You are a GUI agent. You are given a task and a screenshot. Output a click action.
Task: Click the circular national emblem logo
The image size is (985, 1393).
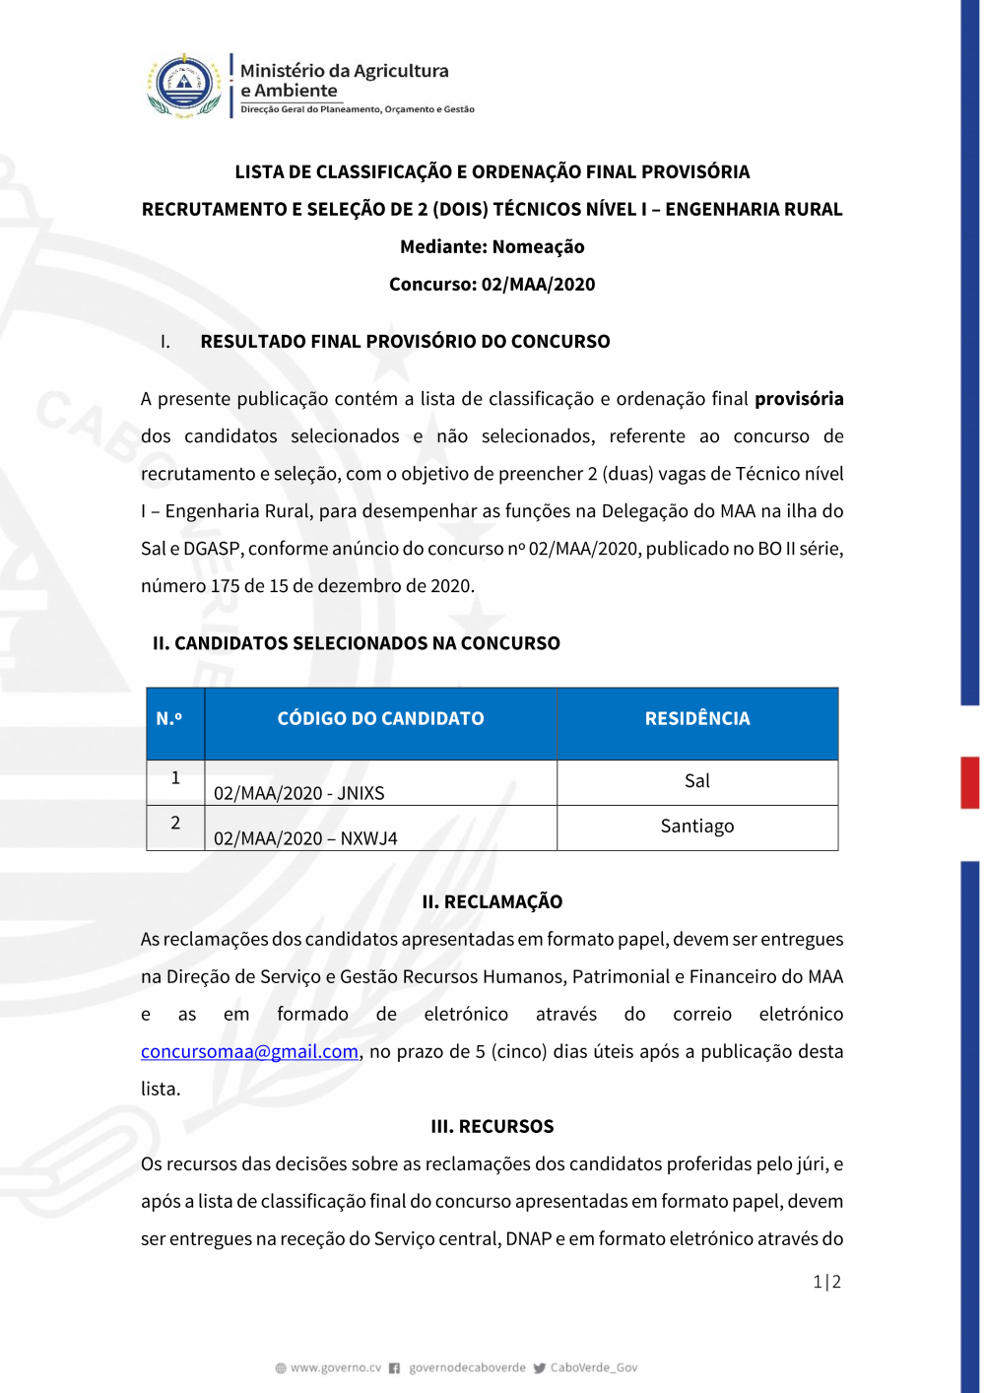(x=184, y=85)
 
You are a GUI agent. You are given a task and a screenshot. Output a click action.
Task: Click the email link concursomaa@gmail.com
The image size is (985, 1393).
(x=249, y=1051)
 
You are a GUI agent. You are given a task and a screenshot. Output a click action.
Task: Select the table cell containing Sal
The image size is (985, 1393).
(x=696, y=781)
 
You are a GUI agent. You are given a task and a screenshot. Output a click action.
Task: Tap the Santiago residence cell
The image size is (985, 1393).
(x=696, y=827)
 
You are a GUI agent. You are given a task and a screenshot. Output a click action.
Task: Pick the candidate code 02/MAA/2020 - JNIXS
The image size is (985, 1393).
(x=299, y=793)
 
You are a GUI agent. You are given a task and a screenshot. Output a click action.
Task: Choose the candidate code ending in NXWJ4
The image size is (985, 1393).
(x=305, y=838)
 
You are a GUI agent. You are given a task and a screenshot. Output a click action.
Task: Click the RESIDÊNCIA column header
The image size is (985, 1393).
(x=696, y=719)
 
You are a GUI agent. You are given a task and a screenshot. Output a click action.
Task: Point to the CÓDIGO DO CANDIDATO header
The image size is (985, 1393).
(x=380, y=719)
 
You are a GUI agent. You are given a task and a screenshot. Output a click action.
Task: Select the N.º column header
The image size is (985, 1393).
(x=169, y=719)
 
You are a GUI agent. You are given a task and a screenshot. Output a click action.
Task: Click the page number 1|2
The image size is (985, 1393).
(x=826, y=1282)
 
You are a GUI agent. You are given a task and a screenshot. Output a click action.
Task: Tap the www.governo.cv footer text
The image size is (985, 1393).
(x=335, y=1367)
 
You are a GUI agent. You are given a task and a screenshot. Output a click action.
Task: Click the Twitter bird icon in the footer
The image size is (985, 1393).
(x=539, y=1367)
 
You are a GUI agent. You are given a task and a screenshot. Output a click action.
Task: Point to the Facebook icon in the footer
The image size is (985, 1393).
(x=394, y=1367)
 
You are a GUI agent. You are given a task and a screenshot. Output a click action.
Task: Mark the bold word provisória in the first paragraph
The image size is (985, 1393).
(x=799, y=399)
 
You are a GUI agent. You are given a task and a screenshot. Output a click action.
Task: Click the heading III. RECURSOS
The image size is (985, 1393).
(x=492, y=1126)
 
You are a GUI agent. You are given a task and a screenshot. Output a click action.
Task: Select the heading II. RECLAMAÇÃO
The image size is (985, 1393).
(x=492, y=901)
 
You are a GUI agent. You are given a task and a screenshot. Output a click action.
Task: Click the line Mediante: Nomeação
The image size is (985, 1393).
(x=492, y=247)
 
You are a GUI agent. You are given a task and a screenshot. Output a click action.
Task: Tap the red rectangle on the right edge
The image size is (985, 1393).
(x=970, y=782)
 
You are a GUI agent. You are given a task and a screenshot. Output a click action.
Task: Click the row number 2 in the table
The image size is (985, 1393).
(x=175, y=823)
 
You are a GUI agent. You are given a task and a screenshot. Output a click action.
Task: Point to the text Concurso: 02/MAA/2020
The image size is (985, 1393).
(x=492, y=285)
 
